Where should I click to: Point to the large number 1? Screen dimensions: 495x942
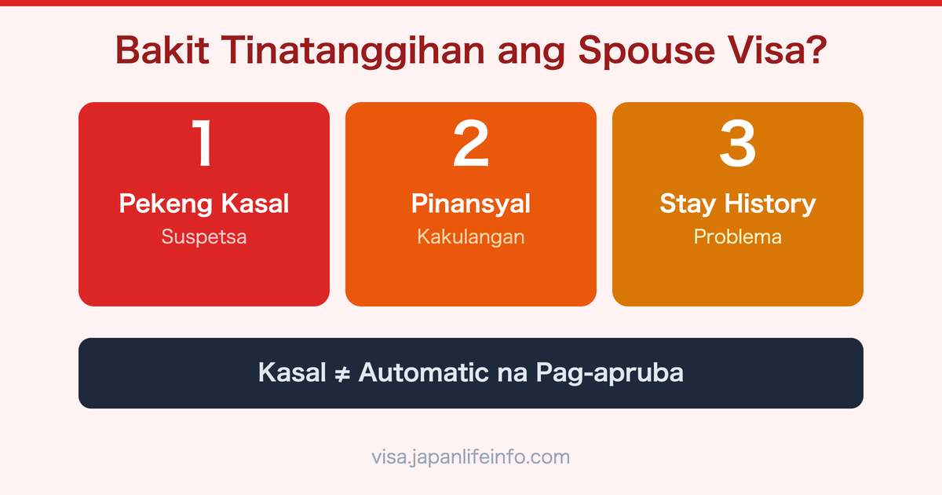(203, 144)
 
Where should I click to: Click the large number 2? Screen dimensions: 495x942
(471, 144)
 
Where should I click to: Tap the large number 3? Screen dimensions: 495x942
(738, 144)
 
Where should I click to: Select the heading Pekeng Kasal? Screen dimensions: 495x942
(204, 204)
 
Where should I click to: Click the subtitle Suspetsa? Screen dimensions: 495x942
(204, 236)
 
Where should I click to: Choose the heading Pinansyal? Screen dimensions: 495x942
(471, 204)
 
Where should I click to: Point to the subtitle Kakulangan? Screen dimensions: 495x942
(471, 236)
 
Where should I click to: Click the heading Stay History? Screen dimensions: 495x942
(738, 204)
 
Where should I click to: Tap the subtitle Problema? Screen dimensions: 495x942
(738, 236)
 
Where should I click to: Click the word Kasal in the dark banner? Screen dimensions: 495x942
(291, 372)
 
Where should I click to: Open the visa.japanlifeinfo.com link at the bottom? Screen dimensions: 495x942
(471, 456)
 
